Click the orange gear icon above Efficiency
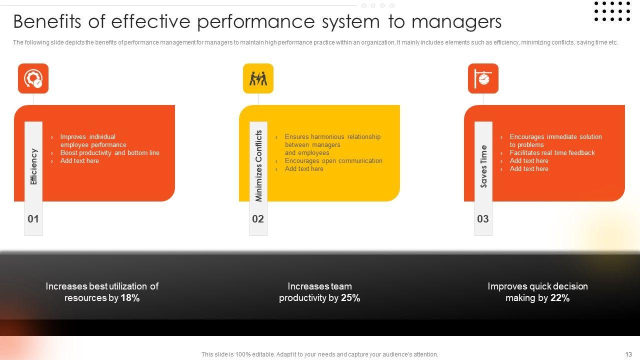pos(33,78)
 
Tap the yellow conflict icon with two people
pos(258,78)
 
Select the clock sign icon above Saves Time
pos(483,78)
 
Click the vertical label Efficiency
pos(33,166)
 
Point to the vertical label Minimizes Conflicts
pos(258,166)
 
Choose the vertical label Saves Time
pos(483,166)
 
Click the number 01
pos(33,219)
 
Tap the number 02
pos(258,219)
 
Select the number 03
pos(483,219)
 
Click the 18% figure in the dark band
pos(130,298)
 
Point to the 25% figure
pos(350,298)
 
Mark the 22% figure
pos(560,298)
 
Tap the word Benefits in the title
pos(47,21)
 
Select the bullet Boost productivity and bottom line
pos(110,153)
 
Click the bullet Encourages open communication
pos(333,161)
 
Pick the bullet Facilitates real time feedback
pos(552,153)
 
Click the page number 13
pos(628,354)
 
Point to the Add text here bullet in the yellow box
pos(304,169)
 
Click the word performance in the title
pos(256,22)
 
